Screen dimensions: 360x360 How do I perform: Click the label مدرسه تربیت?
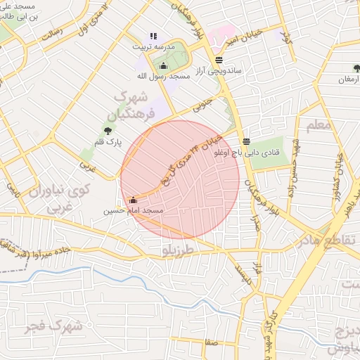pos(153,46)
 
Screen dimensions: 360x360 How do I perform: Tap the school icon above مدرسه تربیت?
pos(154,36)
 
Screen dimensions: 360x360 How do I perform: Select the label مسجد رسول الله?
pos(164,76)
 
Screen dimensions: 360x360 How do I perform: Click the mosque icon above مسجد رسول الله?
pos(164,66)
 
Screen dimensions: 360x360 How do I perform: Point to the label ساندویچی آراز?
pos(219,71)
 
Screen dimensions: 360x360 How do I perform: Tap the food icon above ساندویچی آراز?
pos(219,60)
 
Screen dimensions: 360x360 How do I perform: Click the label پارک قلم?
pos(108,142)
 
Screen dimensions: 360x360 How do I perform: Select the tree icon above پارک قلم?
pos(108,131)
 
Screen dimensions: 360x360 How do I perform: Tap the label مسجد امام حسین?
pos(134,210)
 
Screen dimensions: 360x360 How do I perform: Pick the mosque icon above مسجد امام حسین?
pos(134,200)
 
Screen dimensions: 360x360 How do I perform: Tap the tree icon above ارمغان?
pos(356,69)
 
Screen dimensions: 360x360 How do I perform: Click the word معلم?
pos(318,125)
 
